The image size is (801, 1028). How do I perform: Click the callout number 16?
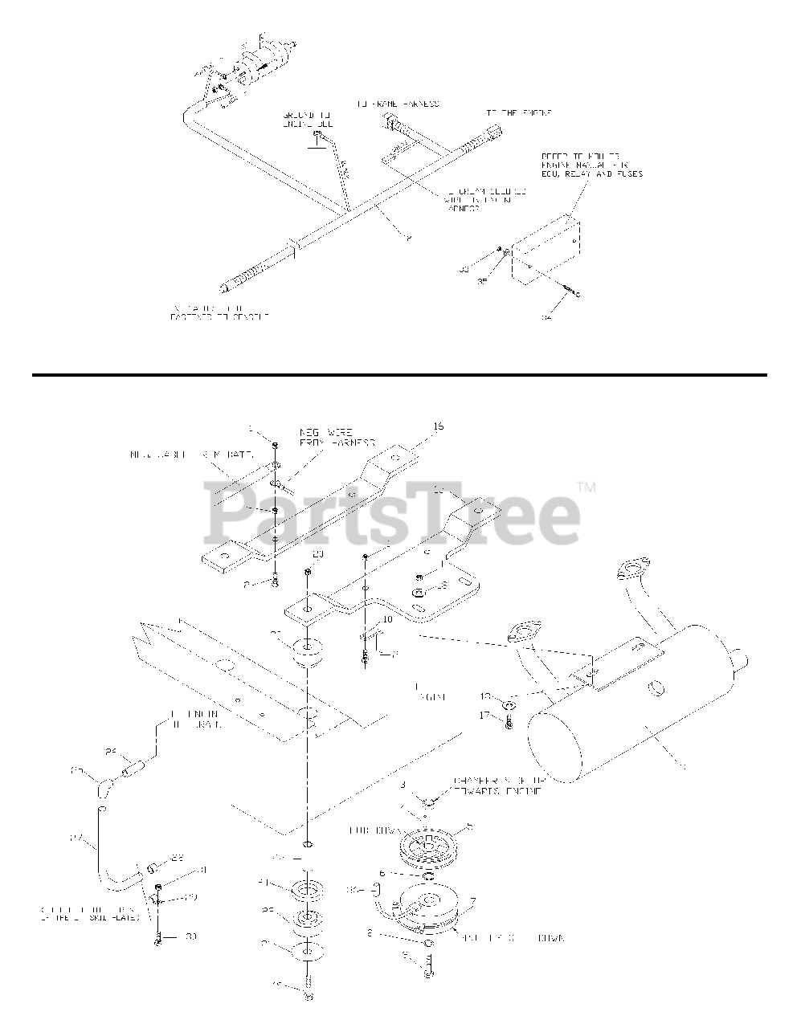pos(438,427)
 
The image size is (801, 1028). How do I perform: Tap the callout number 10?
pos(387,619)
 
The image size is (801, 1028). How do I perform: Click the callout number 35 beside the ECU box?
pos(483,282)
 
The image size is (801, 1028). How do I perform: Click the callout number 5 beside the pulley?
pos(470,826)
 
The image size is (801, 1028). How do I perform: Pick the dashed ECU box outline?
pos(546,248)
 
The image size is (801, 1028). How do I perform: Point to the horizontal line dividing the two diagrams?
pos(399,374)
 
